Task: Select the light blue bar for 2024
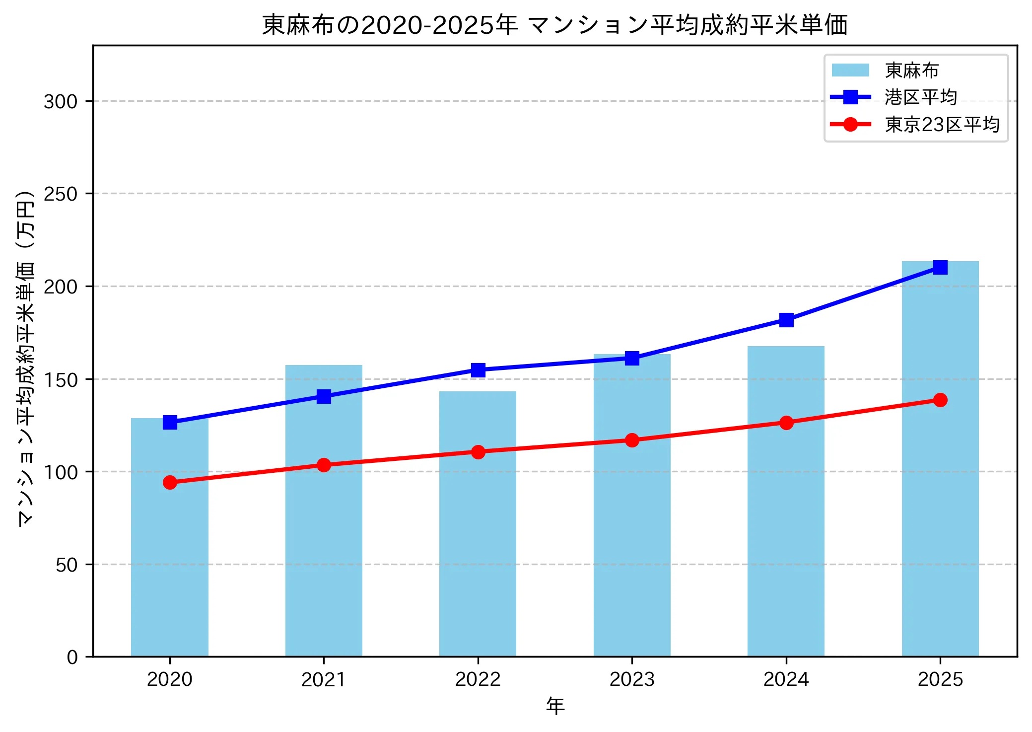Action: pos(786,502)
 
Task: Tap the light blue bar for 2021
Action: pos(324,512)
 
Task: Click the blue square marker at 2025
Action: pos(940,267)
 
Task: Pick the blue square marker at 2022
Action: pos(478,370)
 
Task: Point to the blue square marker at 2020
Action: pos(170,422)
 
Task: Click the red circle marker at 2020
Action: pos(170,482)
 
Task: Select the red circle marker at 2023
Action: pos(632,440)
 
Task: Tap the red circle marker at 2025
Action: pos(940,400)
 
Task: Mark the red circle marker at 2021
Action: pos(324,465)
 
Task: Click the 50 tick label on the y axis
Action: pos(67,565)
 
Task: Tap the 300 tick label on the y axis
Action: pos(61,101)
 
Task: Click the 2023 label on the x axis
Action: pos(632,679)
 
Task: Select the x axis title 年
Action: pos(555,706)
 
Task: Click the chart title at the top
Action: pos(555,25)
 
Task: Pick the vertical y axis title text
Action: pos(26,358)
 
